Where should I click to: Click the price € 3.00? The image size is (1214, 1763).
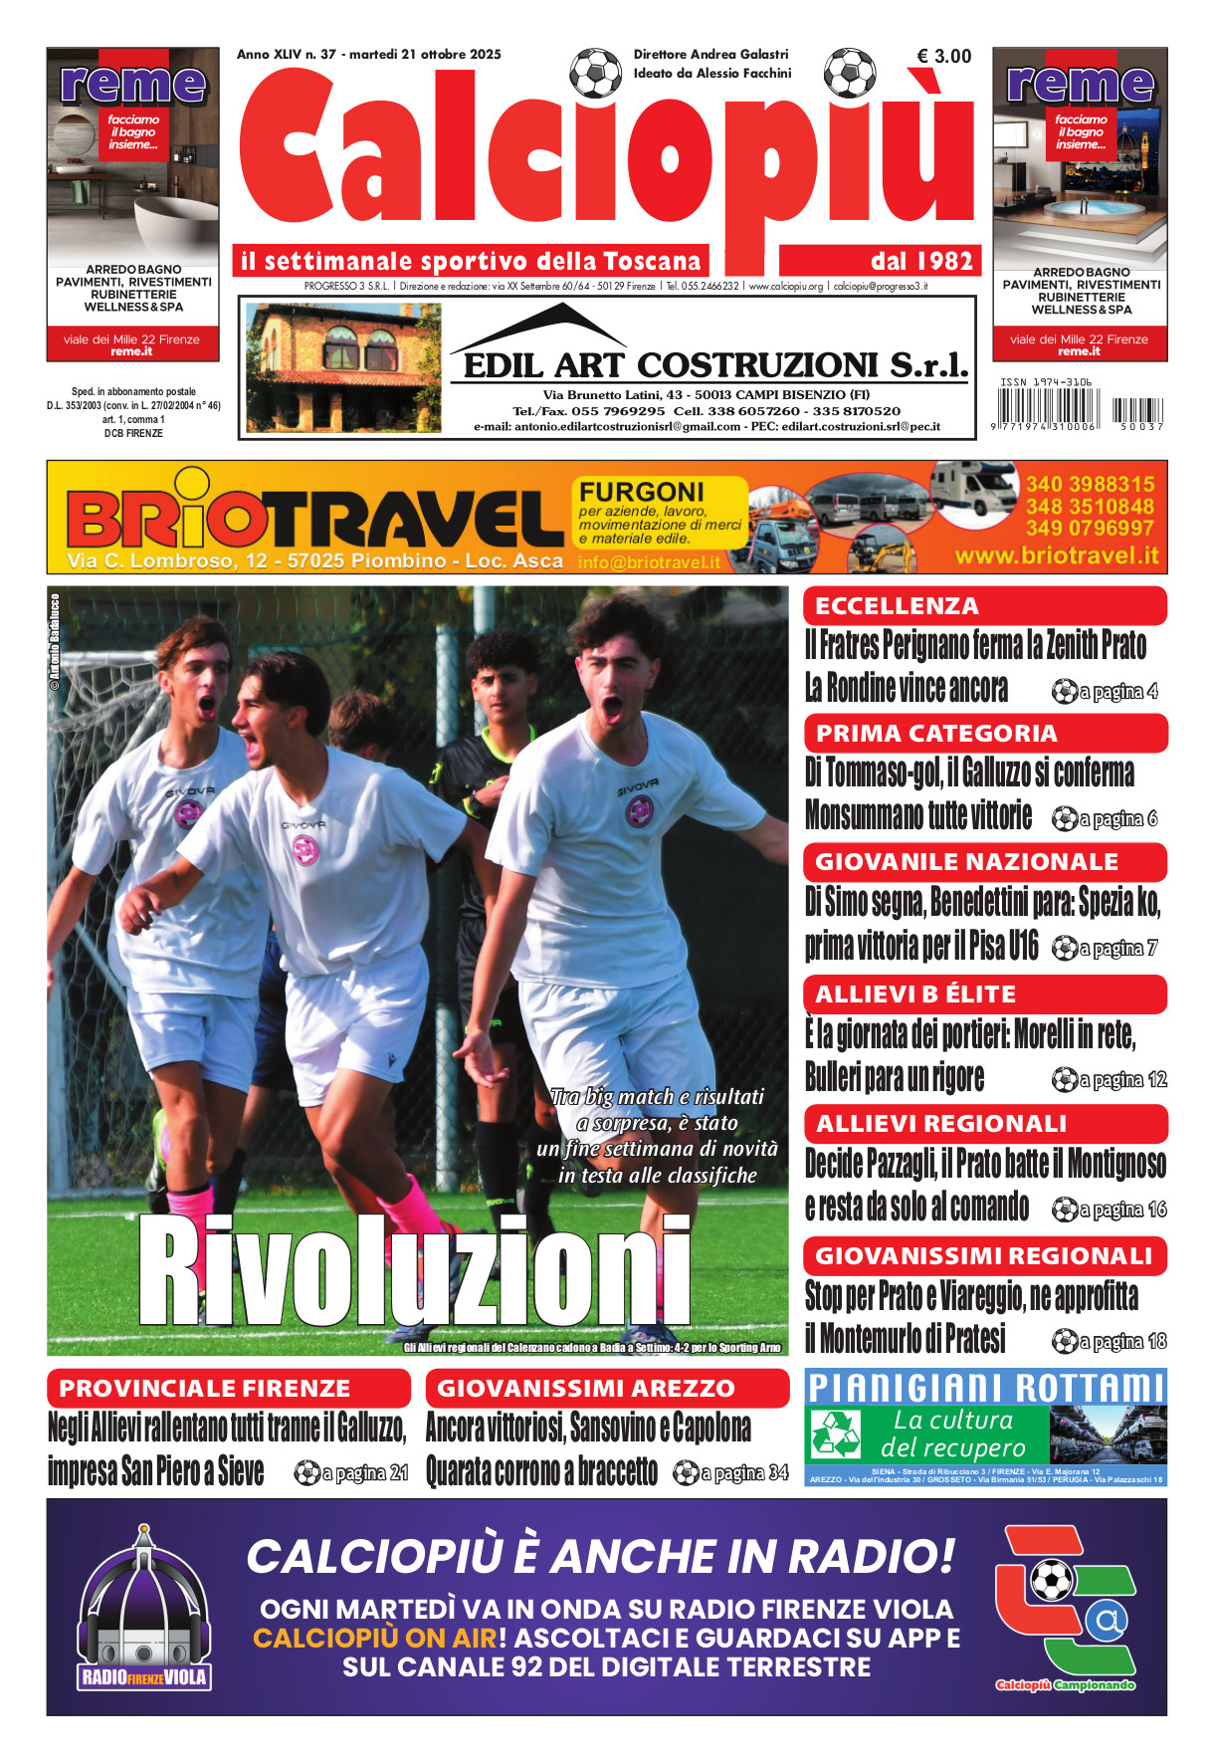pos(943,57)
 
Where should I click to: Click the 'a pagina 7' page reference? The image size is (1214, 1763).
pos(1105,948)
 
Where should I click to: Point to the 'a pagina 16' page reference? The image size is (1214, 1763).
pos(1110,1210)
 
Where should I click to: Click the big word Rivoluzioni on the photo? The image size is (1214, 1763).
pos(414,1271)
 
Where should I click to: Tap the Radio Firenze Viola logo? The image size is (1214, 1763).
pos(144,1610)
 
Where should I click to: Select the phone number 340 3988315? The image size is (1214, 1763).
pos(1090,484)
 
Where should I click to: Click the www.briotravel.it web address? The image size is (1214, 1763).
pos(1057,555)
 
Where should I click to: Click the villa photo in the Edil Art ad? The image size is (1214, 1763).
pos(343,368)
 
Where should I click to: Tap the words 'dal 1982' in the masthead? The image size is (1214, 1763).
pos(920,262)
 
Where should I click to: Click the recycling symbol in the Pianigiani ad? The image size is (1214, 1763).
pos(836,1433)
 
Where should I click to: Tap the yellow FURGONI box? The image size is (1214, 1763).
pos(660,512)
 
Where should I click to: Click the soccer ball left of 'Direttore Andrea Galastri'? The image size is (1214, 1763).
pos(595,72)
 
